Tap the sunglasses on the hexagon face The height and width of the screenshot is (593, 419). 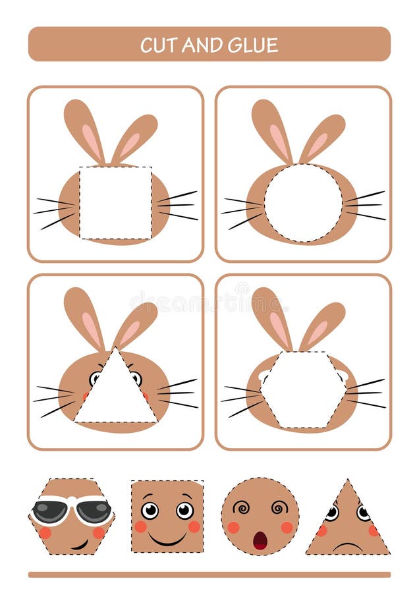(71, 510)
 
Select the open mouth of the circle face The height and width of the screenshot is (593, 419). (260, 540)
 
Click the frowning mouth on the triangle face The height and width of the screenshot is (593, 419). (348, 546)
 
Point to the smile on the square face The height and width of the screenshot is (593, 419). (167, 539)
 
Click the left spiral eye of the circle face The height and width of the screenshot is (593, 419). (241, 509)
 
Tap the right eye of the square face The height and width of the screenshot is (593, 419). (184, 510)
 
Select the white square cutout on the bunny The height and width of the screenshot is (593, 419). (115, 202)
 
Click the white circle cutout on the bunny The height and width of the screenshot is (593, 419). (303, 202)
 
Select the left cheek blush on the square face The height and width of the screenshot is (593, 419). (140, 526)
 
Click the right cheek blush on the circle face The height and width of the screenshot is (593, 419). (287, 527)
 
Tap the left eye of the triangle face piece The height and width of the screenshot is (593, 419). (332, 513)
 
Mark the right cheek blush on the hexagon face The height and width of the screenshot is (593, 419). (99, 532)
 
